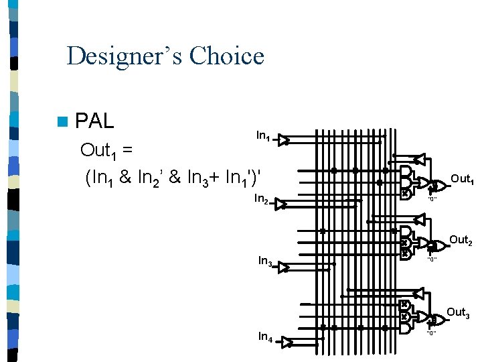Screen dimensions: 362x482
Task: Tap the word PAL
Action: coord(95,121)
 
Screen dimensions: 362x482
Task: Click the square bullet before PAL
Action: coord(63,122)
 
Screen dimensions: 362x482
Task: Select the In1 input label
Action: coord(263,136)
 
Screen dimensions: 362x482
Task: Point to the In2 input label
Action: coord(261,199)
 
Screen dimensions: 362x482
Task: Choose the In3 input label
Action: coord(264,261)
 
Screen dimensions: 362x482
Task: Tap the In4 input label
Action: coord(265,337)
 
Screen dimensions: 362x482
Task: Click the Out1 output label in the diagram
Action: coord(463,179)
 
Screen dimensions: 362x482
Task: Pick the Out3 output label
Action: coord(459,312)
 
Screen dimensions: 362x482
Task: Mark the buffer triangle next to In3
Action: coord(285,267)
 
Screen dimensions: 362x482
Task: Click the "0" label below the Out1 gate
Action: coord(432,198)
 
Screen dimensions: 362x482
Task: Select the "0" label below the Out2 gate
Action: coord(432,259)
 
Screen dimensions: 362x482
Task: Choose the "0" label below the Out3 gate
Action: coord(432,333)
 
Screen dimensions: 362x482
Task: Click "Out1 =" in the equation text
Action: coord(107,150)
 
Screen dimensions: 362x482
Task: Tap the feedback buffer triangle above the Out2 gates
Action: coord(420,219)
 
